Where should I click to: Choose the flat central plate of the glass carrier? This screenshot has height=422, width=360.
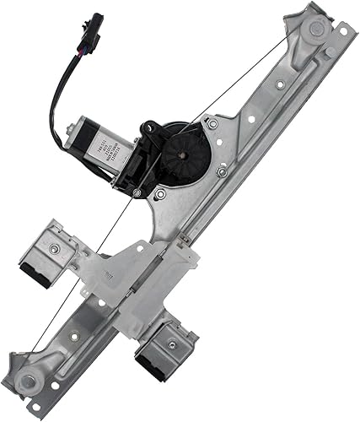click(x=126, y=270)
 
